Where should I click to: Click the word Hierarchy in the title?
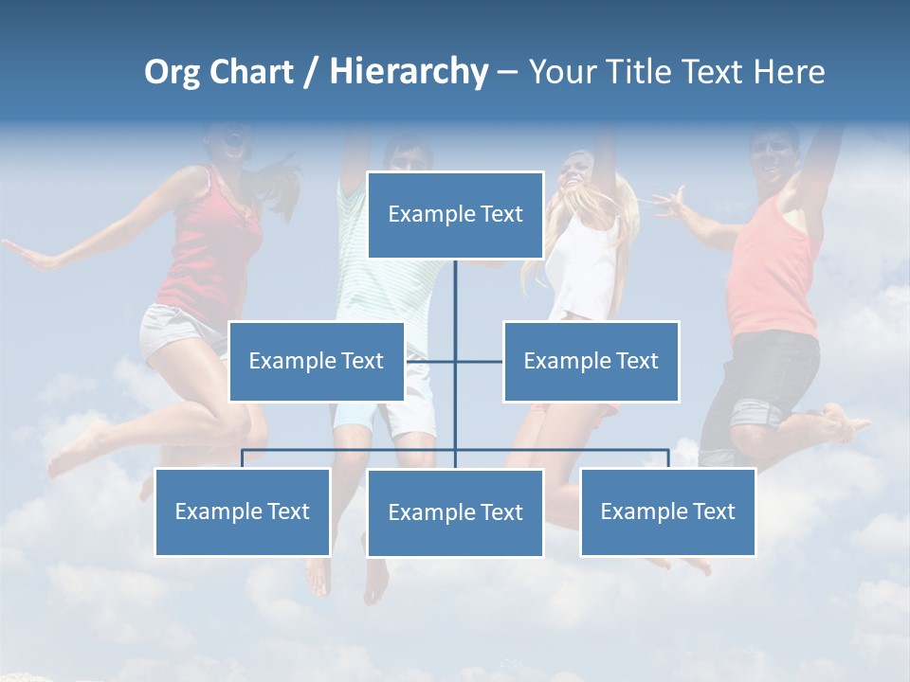click(409, 72)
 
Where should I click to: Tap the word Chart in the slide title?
click(251, 72)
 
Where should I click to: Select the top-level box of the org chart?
click(455, 215)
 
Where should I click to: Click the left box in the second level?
click(317, 361)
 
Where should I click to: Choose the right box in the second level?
click(591, 361)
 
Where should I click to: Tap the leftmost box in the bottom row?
click(243, 511)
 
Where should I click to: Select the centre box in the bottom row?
click(455, 512)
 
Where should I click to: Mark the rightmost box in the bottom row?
click(668, 511)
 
